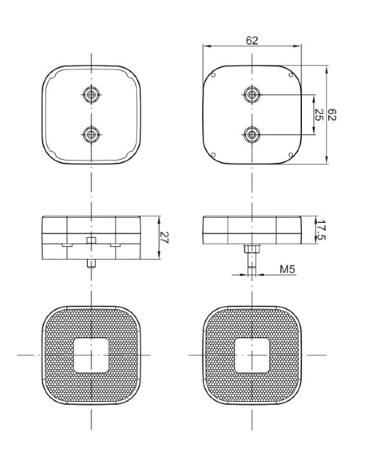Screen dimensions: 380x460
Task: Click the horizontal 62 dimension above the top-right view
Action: coord(252,40)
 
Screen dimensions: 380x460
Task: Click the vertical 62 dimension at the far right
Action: coord(332,115)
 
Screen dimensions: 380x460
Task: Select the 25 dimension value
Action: coord(319,115)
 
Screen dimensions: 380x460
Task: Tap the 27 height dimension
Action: coord(164,238)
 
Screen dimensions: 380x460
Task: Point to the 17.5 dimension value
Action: coord(321,230)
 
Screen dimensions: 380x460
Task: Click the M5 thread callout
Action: coord(287,270)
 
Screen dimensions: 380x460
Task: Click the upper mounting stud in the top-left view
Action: coord(91,94)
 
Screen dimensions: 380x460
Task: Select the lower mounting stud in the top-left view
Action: coord(91,134)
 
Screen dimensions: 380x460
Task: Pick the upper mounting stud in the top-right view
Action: coord(252,94)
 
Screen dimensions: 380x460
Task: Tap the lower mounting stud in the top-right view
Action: coord(252,134)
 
